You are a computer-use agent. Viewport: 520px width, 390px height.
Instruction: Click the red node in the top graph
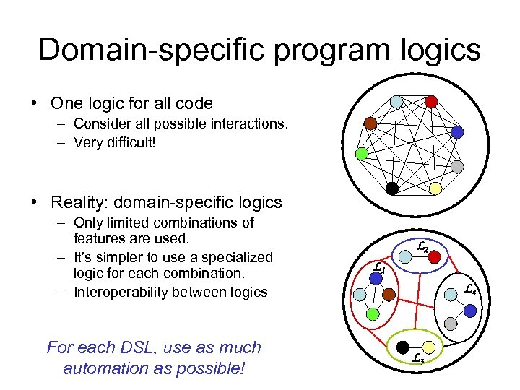coord(431,102)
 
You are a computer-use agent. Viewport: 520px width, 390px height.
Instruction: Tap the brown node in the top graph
coord(370,123)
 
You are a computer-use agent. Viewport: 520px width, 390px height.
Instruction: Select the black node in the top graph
coord(391,188)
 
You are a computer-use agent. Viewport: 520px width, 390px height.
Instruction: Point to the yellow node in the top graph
coord(435,188)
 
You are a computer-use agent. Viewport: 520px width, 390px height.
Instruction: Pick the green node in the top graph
coord(363,154)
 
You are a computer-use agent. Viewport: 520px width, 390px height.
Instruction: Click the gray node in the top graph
coord(457,166)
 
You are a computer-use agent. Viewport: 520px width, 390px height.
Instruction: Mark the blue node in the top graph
coord(457,132)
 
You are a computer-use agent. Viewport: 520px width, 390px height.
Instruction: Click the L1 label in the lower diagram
coord(380,268)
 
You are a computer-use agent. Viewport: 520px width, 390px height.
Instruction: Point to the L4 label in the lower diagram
coord(470,289)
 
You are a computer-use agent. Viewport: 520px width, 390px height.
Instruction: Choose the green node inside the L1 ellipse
coord(371,314)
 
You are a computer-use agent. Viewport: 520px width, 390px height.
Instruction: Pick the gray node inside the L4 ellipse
coord(450,325)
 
